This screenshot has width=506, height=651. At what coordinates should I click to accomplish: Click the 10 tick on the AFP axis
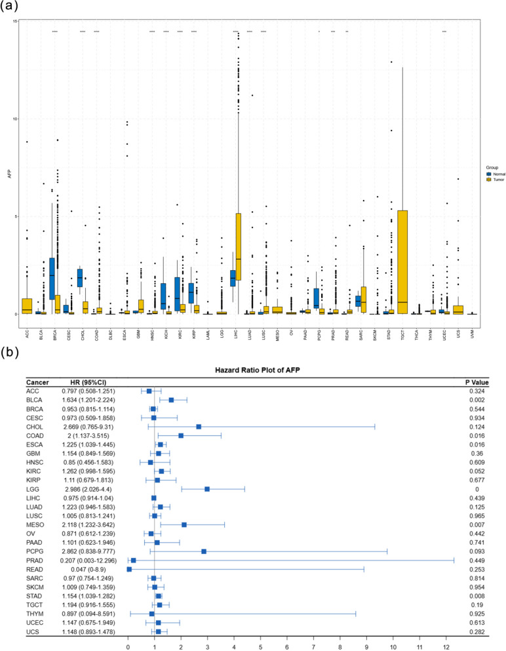tap(14, 119)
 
